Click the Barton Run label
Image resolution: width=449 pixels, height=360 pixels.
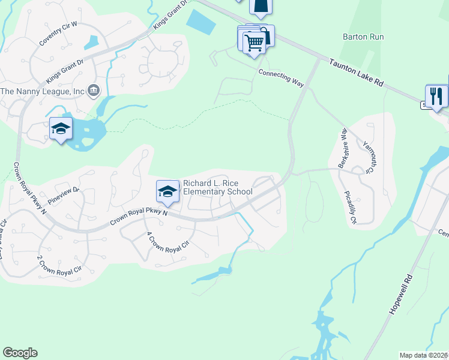pos(363,37)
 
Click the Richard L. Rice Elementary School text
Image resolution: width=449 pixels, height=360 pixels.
pos(217,187)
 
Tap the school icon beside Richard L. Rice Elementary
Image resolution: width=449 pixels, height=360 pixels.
pos(168,192)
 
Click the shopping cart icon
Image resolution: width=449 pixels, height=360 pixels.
pos(255,42)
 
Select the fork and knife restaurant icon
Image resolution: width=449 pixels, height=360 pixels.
pos(436,96)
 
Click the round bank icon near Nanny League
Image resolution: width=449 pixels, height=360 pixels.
pos(94,91)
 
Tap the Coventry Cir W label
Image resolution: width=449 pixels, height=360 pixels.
pos(59,34)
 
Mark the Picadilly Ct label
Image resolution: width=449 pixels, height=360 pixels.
pos(350,207)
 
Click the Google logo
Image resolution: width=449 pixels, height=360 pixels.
pos(20,353)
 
